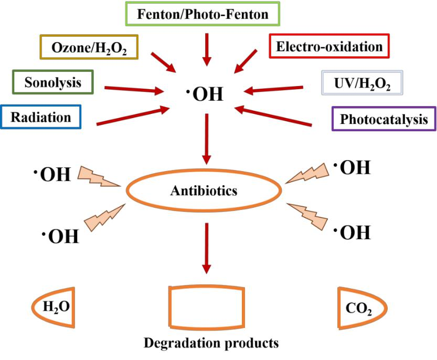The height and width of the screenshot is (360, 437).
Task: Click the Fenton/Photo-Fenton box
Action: [x=202, y=14]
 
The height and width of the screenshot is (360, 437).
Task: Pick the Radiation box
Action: [x=41, y=117]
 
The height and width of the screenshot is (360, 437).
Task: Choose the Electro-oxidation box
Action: [x=329, y=46]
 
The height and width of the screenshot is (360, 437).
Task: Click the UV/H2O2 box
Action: [x=363, y=82]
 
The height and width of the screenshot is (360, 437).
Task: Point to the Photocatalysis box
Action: [x=384, y=119]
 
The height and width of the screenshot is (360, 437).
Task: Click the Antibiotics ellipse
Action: [x=204, y=190]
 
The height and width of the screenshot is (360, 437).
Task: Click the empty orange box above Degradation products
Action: [x=205, y=308]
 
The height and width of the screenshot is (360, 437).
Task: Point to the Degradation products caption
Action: [x=211, y=344]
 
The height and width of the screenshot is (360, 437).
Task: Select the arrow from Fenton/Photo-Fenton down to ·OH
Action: [x=206, y=48]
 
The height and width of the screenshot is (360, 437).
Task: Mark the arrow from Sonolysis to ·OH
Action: [x=134, y=89]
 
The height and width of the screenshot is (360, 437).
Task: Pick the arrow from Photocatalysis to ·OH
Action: [x=273, y=117]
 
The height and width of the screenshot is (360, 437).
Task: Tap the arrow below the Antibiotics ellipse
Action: [x=206, y=247]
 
